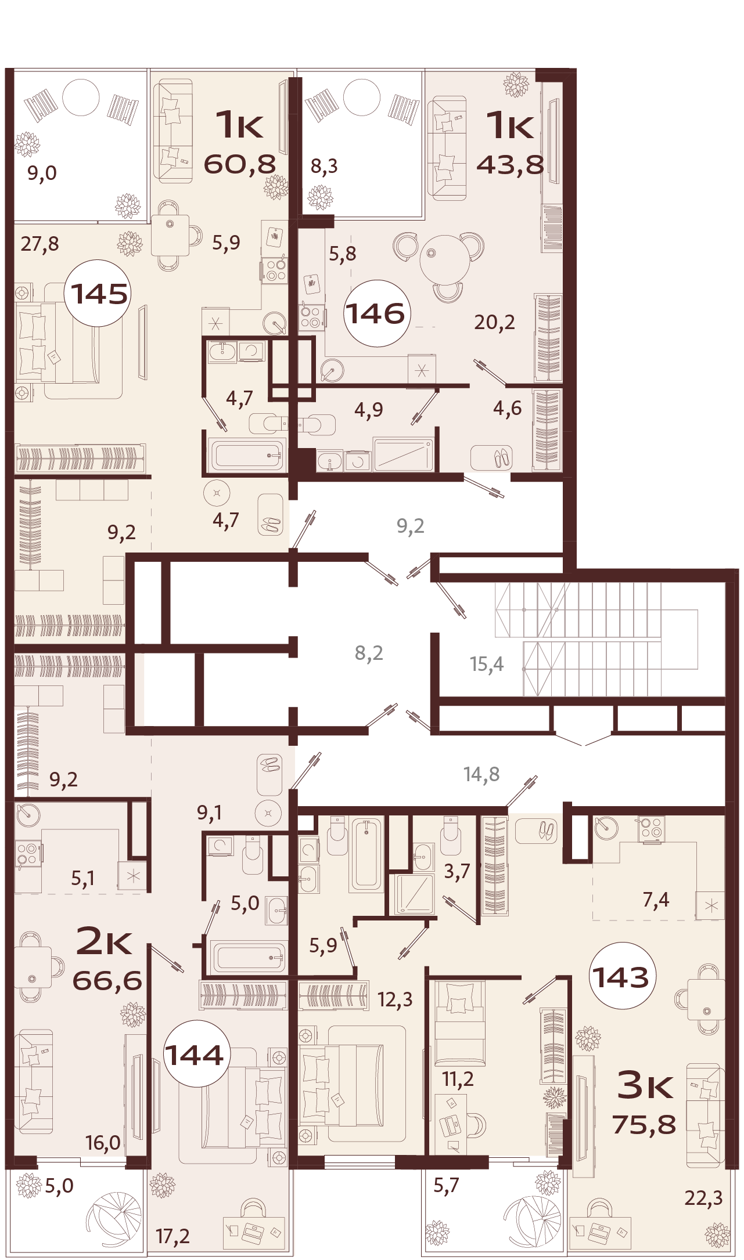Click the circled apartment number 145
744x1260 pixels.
pos(99,294)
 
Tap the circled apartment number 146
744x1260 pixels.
pos(375,314)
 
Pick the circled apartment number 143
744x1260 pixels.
pos(621,977)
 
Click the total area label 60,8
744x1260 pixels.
pos(239,164)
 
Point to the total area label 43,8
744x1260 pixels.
pos(510,164)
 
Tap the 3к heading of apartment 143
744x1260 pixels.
pos(645,1085)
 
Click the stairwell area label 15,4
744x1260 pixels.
pos(487,663)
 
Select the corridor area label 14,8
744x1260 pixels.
pos(481,774)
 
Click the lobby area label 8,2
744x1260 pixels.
pos(369,653)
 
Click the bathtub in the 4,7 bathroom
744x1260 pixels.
pos(247,455)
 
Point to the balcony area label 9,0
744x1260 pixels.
pos(42,173)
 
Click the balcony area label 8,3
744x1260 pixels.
pos(324,167)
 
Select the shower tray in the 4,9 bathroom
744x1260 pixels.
pos(404,454)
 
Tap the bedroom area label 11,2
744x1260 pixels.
pos(458,1079)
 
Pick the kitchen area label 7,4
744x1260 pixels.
pos(656,900)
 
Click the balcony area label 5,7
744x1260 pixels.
pos(446,1185)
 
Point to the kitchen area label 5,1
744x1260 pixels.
pos(83,879)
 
